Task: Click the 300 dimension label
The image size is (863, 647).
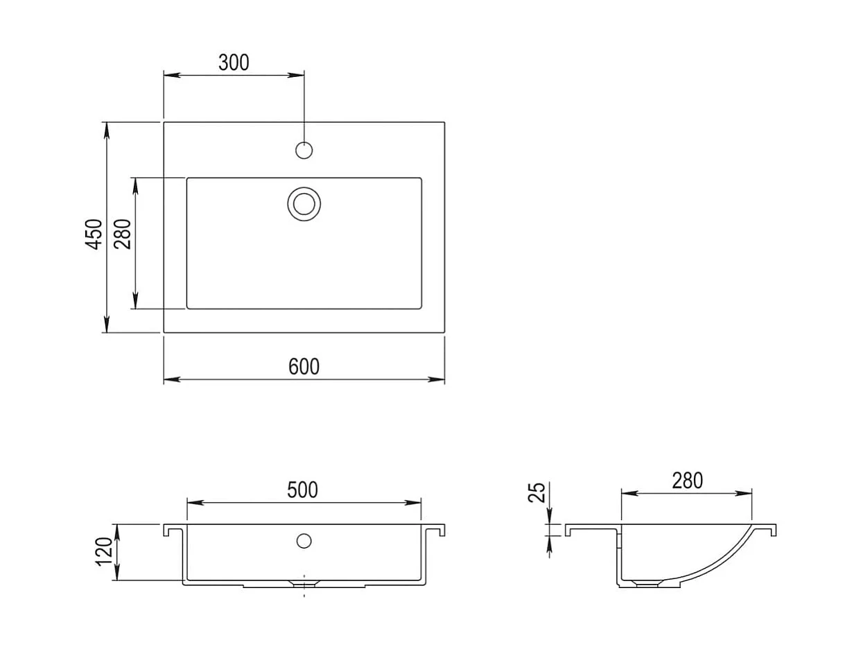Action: [234, 62]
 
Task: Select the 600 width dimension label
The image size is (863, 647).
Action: [304, 367]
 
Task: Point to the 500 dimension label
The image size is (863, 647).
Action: [302, 490]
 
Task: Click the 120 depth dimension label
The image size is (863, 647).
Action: [104, 551]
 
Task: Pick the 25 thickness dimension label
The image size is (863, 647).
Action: [537, 492]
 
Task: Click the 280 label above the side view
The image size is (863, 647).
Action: [687, 481]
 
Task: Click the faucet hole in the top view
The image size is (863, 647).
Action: [304, 150]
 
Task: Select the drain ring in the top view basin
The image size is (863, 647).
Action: [304, 188]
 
